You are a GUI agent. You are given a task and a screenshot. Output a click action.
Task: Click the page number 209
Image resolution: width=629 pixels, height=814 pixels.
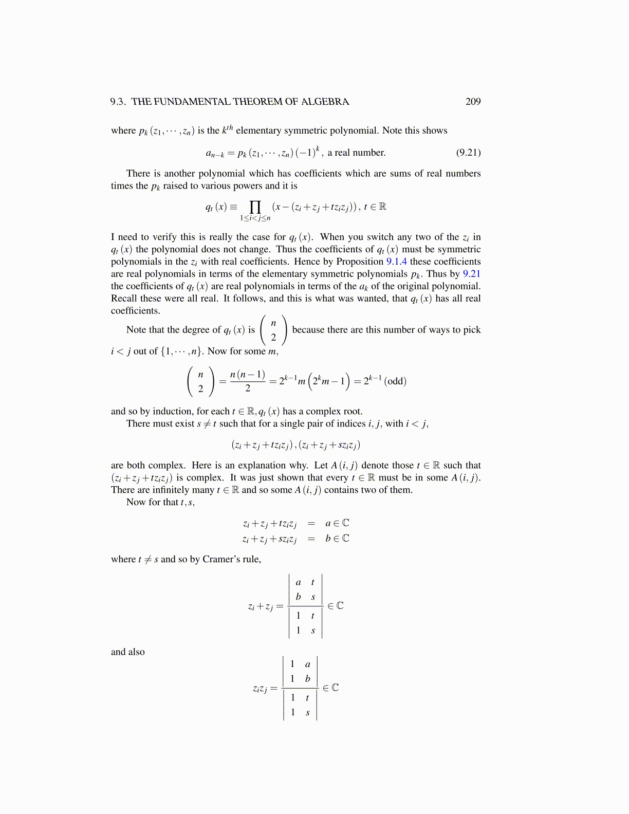473,101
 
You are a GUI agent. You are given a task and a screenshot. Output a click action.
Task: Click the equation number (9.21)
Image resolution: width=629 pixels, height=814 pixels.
468,152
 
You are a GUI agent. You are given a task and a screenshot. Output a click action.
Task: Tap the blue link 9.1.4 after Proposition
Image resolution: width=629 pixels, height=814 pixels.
396,262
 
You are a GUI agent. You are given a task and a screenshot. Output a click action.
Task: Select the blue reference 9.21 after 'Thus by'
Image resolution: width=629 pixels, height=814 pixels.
471,274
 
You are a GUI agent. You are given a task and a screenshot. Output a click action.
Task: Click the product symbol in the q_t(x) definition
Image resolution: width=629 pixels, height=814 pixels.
255,207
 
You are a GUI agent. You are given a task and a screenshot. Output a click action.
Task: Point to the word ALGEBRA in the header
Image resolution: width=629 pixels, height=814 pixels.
325,101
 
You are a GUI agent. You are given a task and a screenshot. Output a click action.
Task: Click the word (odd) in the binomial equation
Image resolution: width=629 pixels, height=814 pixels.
395,381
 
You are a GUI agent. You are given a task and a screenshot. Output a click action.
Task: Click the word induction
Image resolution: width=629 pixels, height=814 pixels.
173,411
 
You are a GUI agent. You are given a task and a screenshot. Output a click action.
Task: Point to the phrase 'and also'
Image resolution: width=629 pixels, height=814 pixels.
128,652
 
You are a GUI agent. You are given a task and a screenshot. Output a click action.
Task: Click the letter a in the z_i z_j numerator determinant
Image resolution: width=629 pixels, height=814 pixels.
307,664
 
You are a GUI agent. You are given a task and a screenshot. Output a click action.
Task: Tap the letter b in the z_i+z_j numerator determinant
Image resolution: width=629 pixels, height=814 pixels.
298,597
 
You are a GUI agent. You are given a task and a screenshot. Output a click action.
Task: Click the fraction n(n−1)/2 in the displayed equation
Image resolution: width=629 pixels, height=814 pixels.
248,381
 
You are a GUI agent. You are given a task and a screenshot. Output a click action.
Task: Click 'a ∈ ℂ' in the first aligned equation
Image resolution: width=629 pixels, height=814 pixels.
337,523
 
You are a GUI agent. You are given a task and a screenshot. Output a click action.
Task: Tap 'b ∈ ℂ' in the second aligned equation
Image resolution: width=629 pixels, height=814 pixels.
337,539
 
